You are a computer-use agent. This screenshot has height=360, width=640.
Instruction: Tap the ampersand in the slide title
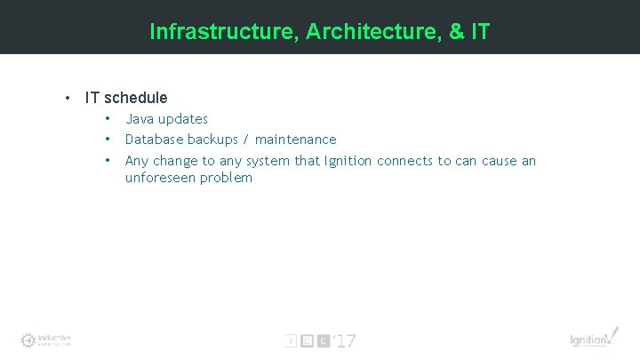[457, 32]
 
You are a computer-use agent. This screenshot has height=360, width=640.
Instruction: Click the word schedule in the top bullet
[136, 98]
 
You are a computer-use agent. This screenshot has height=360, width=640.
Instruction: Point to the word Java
[140, 119]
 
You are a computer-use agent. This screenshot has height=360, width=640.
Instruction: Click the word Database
[156, 140]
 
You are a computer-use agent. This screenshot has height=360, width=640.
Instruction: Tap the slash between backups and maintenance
[247, 140]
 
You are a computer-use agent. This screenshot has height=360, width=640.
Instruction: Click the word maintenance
[296, 140]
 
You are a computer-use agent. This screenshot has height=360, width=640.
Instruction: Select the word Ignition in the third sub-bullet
[348, 161]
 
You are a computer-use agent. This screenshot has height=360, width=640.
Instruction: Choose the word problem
[228, 179]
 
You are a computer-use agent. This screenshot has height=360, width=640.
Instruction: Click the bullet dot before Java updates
[107, 119]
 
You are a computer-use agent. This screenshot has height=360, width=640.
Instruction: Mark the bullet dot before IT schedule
[67, 98]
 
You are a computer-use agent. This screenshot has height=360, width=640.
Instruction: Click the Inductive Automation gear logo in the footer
[28, 340]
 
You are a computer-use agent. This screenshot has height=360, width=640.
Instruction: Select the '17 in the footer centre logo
[345, 340]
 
